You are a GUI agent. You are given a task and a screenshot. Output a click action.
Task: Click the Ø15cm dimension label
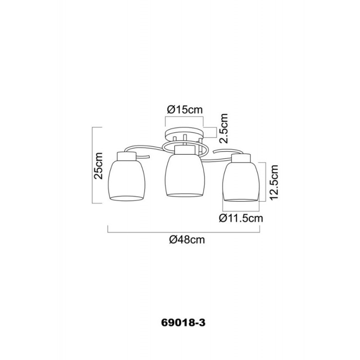click(185, 110)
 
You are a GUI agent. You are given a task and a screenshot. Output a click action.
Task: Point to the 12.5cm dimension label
click(274, 182)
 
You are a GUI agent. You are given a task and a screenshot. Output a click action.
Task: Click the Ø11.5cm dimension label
click(241, 218)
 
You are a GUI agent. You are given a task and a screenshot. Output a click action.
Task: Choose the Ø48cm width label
click(187, 240)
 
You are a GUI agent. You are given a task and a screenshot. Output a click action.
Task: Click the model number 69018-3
click(184, 323)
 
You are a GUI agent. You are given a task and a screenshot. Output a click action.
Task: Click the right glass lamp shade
click(241, 181)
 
